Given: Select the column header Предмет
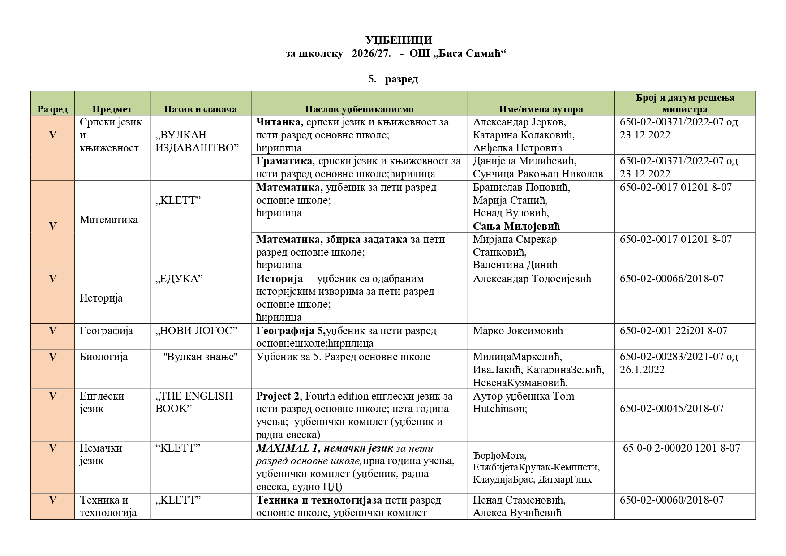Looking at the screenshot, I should point(112,109).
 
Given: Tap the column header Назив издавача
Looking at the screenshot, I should point(200,109).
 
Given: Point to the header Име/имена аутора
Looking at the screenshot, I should point(541,109).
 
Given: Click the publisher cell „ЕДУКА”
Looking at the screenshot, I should point(179,279).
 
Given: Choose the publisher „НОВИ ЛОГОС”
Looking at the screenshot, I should point(196,331).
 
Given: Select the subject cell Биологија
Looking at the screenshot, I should point(103,357).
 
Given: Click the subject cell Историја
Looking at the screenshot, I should point(101,298).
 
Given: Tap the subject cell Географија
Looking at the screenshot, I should point(106,331).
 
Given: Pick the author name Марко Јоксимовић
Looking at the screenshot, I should point(518,331).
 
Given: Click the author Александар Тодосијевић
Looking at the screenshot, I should point(532,279).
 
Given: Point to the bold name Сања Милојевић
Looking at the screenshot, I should point(516,226).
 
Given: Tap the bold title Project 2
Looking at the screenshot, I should point(278,397).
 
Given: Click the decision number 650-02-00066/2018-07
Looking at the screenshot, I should point(671,279).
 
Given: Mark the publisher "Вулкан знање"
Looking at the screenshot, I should point(200,357).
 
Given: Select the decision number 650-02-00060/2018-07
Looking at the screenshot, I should point(671,500).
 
